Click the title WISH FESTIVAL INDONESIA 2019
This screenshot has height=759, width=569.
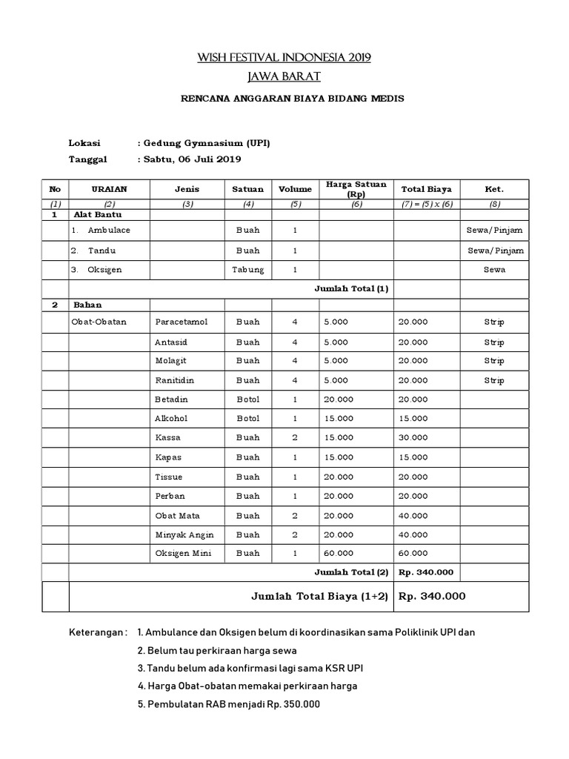pyautogui.click(x=284, y=57)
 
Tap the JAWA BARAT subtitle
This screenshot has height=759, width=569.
pyautogui.click(x=284, y=76)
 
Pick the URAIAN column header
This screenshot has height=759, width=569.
pyautogui.click(x=109, y=189)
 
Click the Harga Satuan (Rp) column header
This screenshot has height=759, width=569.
pyautogui.click(x=356, y=189)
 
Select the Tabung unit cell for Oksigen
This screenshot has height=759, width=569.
pyautogui.click(x=248, y=270)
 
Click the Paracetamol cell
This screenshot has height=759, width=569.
pyautogui.click(x=181, y=322)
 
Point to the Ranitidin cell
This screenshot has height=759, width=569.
pyautogui.click(x=174, y=380)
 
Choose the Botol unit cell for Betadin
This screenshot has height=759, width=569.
pyautogui.click(x=248, y=400)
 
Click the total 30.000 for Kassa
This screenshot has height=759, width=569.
pyautogui.click(x=413, y=438)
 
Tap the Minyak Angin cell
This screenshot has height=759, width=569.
pyautogui.click(x=181, y=534)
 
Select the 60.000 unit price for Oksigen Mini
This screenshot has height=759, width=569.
pyautogui.click(x=339, y=554)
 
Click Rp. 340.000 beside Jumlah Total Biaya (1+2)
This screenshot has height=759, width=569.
pyautogui.click(x=433, y=596)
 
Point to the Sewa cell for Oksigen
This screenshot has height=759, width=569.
pyautogui.click(x=494, y=270)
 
